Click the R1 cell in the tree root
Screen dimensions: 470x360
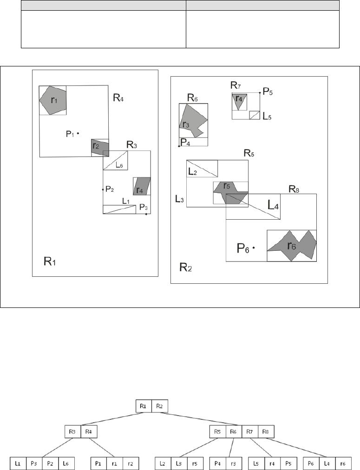(x=143, y=406)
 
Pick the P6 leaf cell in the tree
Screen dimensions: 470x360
(x=310, y=463)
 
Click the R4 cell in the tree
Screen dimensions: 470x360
(x=88, y=431)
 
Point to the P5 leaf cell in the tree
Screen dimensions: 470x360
(x=288, y=463)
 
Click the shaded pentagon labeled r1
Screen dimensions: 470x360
(x=53, y=100)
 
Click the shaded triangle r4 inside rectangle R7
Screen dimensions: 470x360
(x=239, y=101)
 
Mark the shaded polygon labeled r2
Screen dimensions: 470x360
(x=100, y=147)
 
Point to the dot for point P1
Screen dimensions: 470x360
(x=78, y=133)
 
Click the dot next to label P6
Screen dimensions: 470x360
(x=254, y=248)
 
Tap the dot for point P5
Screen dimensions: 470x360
(x=260, y=93)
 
